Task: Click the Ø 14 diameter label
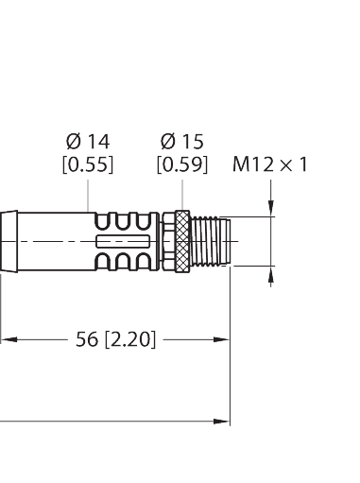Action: tap(88, 142)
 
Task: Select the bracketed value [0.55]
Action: tap(88, 164)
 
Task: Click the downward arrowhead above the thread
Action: tap(273, 210)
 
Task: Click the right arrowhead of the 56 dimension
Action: tap(224, 337)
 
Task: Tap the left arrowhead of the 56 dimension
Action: tap(6, 337)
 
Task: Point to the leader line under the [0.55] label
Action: tap(88, 191)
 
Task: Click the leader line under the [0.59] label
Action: tap(180, 194)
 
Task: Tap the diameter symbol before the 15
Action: tap(166, 142)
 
